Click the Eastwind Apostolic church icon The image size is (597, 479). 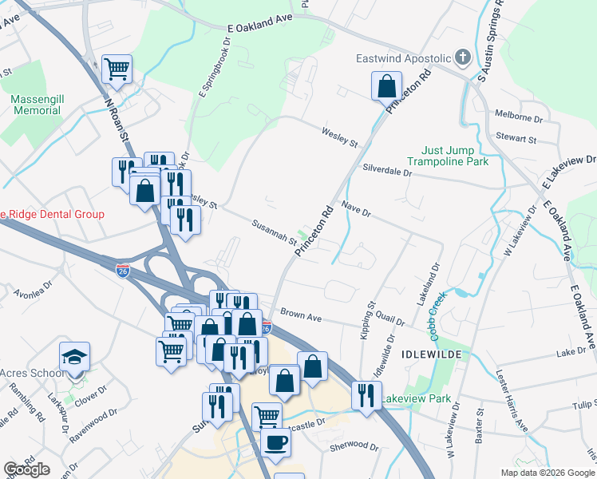pyautogui.click(x=462, y=57)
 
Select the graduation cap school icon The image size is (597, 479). pyautogui.click(x=74, y=357)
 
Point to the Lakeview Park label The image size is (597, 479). pyautogui.click(x=415, y=398)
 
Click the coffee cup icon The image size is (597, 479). pyautogui.click(x=275, y=441)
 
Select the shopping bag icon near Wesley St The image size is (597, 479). pyautogui.click(x=386, y=85)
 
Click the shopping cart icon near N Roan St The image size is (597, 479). pyautogui.click(x=117, y=69)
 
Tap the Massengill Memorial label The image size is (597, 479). pyautogui.click(x=31, y=105)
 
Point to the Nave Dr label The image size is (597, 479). pyautogui.click(x=357, y=210)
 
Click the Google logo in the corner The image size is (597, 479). pyautogui.click(x=27, y=469)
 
